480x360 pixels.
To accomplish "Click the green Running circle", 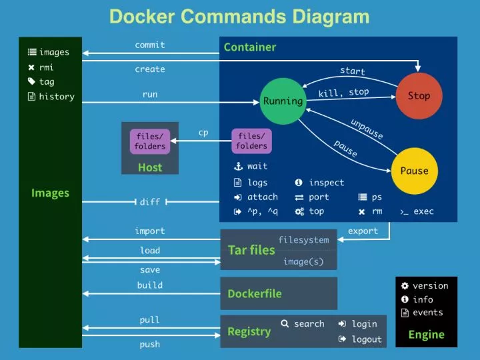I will pos(283,101).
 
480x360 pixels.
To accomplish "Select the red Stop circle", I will pos(419,96).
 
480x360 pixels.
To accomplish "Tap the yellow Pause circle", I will pos(414,171).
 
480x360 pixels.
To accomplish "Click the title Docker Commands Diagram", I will pos(239,17).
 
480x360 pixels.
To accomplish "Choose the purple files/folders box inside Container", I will pos(251,141).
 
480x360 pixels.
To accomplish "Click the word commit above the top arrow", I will pos(150,45).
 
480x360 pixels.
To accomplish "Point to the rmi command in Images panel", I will pos(46,67).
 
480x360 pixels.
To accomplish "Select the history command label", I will pos(56,97).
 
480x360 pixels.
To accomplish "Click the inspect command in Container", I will pos(326,183).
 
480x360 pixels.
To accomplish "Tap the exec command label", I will pos(423,211).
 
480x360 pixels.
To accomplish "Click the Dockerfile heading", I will pos(254,293).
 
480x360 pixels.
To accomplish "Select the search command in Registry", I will pos(309,324).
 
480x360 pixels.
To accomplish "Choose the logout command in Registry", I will pos(366,339).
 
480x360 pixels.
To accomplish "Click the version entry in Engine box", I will pos(430,286).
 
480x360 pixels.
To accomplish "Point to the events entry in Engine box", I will pos(427,313).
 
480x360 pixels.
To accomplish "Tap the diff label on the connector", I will pos(149,202).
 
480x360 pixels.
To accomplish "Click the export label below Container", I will pos(363,231).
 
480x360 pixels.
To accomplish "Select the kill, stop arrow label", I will pos(343,93).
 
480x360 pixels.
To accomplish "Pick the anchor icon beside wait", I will pos(237,167).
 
